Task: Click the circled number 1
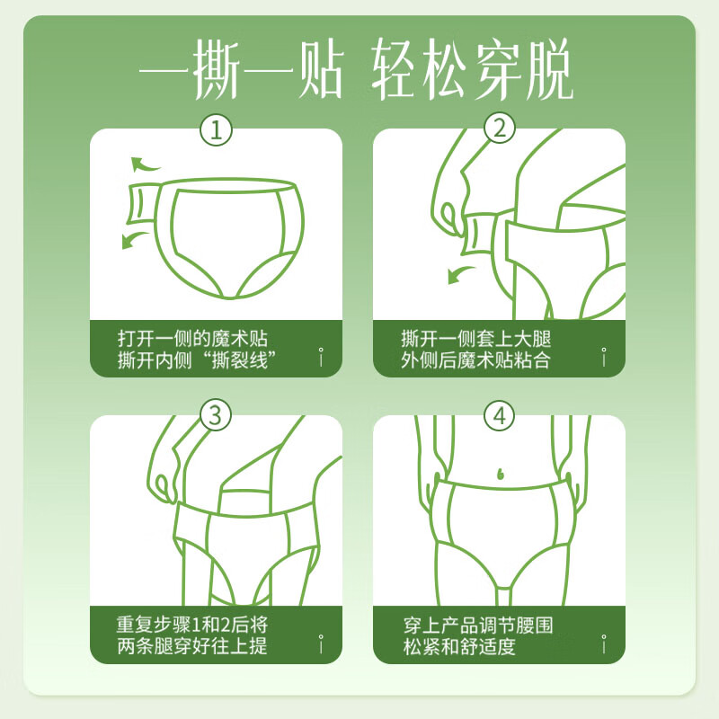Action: [216, 130]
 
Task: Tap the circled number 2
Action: [500, 130]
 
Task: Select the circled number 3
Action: [216, 415]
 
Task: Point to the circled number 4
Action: [500, 415]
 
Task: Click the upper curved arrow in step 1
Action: [144, 164]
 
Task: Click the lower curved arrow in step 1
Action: [137, 238]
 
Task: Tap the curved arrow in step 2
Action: [463, 271]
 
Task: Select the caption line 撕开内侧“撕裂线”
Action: [196, 360]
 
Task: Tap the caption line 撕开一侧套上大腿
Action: [476, 339]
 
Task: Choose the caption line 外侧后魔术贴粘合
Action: [476, 360]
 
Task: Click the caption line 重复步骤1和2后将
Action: [192, 625]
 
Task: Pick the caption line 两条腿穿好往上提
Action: [192, 646]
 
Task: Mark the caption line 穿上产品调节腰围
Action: [476, 625]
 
